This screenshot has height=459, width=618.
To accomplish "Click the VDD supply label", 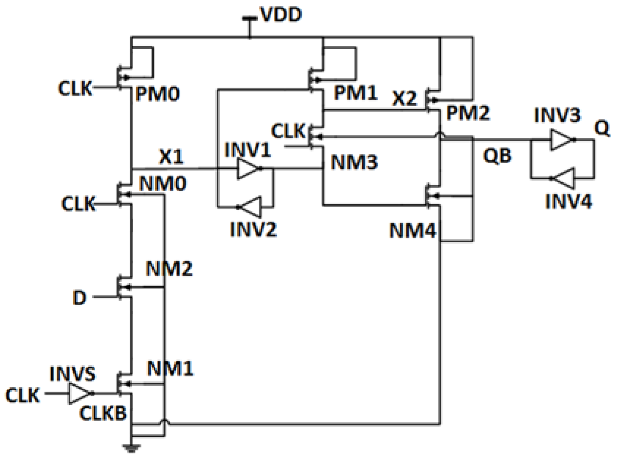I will tap(280, 15).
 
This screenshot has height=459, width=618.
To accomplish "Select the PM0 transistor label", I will tap(158, 95).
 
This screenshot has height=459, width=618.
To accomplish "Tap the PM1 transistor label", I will tap(355, 93).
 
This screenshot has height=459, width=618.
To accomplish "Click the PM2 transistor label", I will tap(468, 113).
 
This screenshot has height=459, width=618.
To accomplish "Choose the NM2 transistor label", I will tap(169, 269).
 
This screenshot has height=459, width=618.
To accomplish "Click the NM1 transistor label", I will tap(170, 369).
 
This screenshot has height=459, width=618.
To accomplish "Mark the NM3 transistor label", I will tap(354, 162).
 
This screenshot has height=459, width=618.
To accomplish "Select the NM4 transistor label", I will tap(413, 231).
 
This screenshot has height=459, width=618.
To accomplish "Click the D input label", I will tap(80, 298).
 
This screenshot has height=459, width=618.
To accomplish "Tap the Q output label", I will tap(602, 129).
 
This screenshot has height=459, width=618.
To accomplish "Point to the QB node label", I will tap(497, 156).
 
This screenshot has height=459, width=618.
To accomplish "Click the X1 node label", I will tap(171, 157).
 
